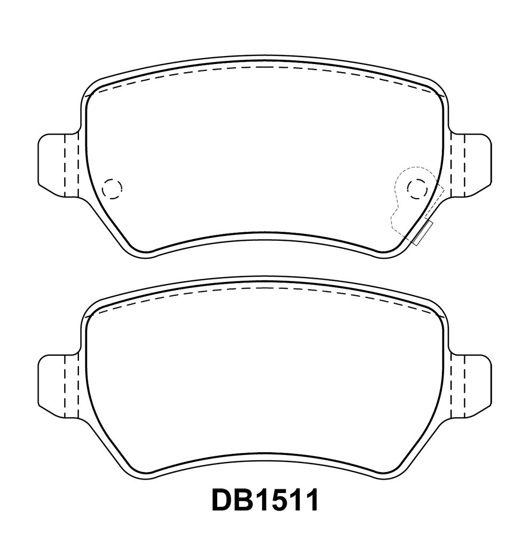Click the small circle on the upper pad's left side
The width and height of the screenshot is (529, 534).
click(112, 187)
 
